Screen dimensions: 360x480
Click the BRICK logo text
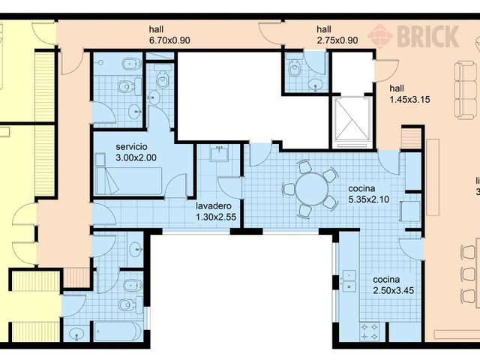[x=427, y=35]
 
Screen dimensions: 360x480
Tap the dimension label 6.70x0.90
[x=172, y=40]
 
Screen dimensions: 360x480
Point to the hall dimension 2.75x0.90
[x=337, y=40]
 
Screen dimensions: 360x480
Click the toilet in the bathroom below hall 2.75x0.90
[x=295, y=70]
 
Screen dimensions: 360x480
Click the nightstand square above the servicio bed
[x=100, y=158]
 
